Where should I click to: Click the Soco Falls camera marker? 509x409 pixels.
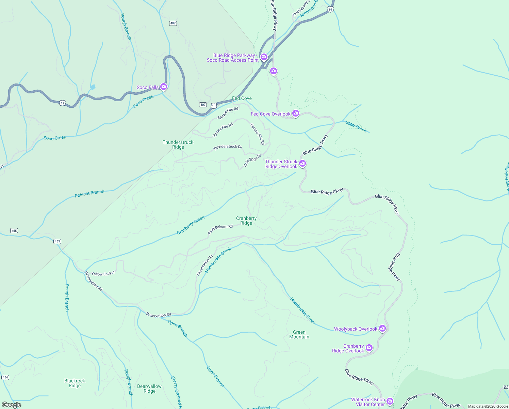(x=164, y=87)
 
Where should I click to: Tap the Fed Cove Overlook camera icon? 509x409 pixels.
(x=296, y=113)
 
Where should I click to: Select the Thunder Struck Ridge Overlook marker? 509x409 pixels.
(x=302, y=164)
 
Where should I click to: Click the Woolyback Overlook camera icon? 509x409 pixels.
(x=382, y=328)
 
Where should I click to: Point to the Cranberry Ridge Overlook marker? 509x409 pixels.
(x=369, y=348)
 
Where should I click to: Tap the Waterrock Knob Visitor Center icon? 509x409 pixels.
(x=390, y=401)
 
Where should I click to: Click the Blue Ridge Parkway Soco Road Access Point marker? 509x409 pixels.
(x=264, y=57)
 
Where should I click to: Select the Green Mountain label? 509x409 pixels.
(x=299, y=334)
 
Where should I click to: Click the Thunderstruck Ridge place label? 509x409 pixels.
(x=178, y=145)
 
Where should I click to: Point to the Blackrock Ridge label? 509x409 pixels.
(x=75, y=383)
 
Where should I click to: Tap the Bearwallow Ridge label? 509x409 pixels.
(x=149, y=389)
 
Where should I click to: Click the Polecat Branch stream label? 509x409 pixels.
(x=89, y=194)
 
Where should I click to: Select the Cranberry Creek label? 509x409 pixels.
(x=191, y=225)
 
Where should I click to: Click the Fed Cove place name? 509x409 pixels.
(x=242, y=98)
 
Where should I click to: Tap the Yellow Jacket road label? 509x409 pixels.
(x=103, y=273)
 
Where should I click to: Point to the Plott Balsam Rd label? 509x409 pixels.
(x=220, y=229)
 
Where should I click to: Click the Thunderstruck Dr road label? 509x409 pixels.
(x=227, y=147)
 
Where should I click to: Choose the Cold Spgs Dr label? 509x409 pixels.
(x=252, y=161)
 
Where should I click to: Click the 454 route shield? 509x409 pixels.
(x=5, y=377)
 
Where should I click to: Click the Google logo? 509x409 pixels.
(x=12, y=405)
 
